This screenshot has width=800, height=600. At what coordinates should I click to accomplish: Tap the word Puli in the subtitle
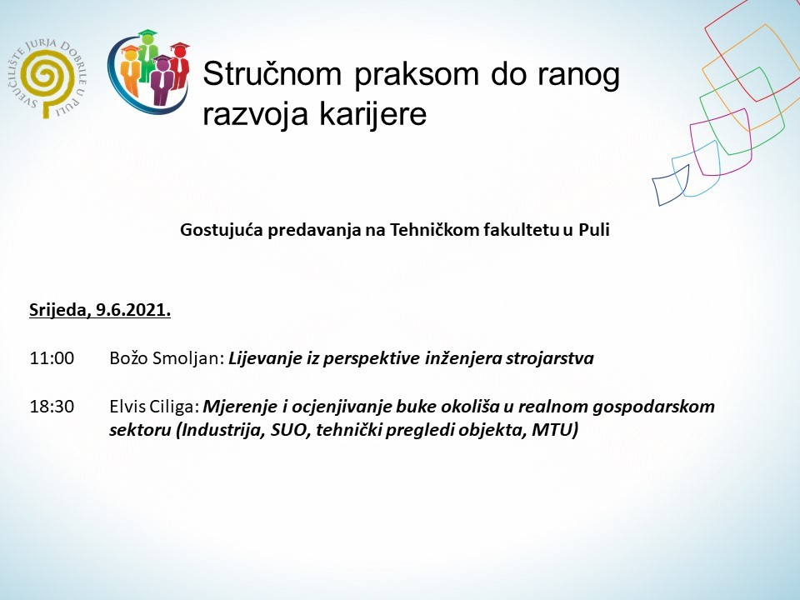tap(594, 231)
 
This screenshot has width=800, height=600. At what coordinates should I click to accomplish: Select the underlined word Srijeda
tap(58, 312)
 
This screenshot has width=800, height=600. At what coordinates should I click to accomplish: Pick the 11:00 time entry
tap(52, 359)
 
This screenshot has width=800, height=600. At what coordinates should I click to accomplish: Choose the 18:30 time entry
tap(52, 407)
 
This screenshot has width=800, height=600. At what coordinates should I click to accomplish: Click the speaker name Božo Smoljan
tap(166, 359)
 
